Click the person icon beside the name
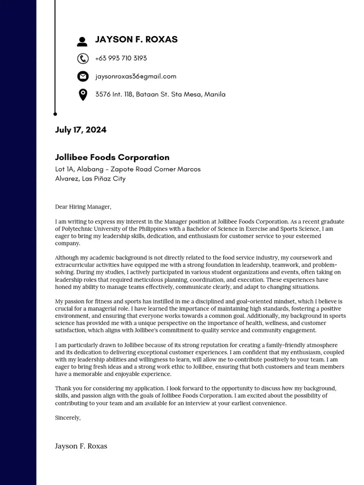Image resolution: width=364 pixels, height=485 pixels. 82,41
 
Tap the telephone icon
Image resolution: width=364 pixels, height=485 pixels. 82,58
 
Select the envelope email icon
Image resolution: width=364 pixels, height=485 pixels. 82,76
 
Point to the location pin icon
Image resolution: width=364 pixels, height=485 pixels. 82,95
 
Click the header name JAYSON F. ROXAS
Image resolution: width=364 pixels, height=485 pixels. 136,39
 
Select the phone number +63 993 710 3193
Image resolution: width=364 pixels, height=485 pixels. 121,58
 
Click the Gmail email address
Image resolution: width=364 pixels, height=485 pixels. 136,76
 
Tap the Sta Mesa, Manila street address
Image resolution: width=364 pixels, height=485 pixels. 160,94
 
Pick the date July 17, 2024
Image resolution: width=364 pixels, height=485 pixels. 81,130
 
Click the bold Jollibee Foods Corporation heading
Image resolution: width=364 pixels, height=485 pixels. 112,157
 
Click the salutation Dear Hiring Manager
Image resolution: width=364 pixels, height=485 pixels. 83,207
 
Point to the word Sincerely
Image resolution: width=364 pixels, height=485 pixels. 68,418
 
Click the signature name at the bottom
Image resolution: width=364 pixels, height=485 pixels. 81,446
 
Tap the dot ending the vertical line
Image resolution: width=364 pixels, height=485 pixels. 55,114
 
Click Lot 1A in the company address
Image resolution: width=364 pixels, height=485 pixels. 65,169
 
